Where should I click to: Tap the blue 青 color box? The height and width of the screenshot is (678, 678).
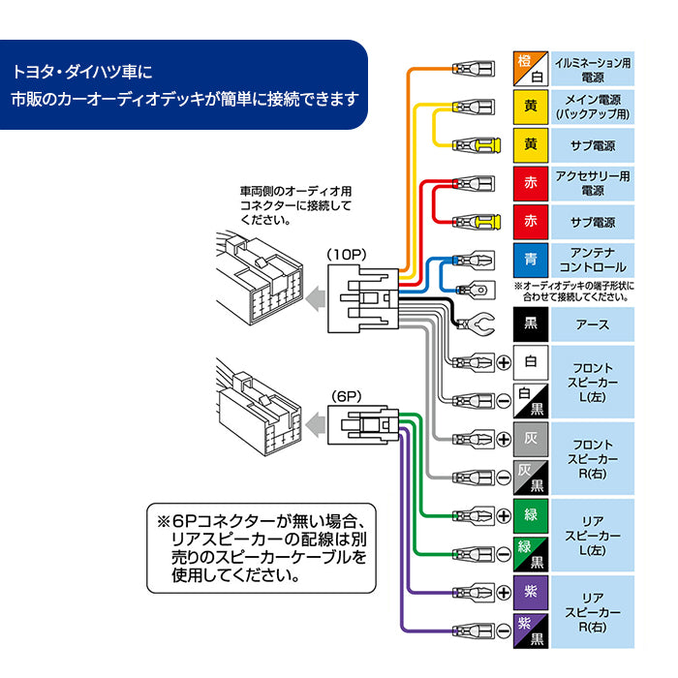(x=530, y=260)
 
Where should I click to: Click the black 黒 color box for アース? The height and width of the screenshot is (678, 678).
(x=530, y=324)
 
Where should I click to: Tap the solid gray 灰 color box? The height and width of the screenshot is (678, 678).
(x=530, y=439)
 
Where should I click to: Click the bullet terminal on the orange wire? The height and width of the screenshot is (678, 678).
(x=474, y=69)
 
